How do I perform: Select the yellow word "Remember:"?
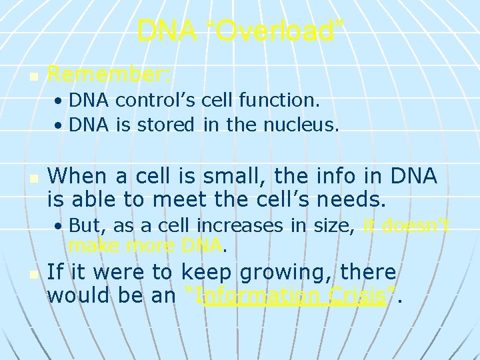point(110,74)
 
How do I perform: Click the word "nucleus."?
point(303,124)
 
